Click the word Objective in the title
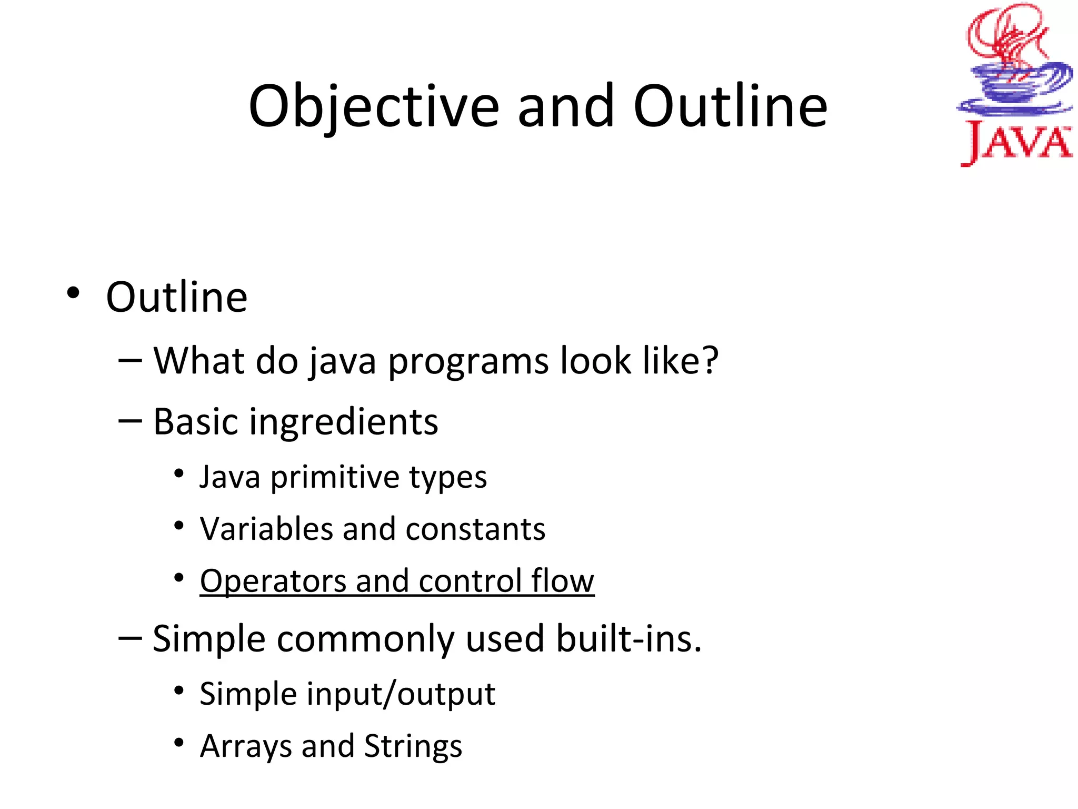tap(374, 107)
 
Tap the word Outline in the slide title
tap(730, 107)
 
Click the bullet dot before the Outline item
tap(73, 293)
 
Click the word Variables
tap(266, 529)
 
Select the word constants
tap(475, 529)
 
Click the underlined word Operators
tap(273, 581)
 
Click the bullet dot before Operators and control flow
tap(179, 578)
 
